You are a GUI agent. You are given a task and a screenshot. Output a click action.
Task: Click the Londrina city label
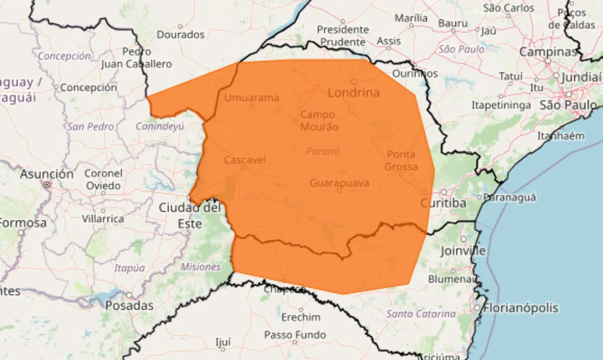click(353, 93)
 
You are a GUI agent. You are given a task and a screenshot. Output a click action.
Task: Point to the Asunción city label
click(47, 174)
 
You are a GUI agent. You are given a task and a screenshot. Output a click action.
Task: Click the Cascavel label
click(244, 160)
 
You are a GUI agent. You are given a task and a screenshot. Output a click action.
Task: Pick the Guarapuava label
click(339, 183)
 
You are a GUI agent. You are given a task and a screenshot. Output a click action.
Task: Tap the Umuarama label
click(252, 98)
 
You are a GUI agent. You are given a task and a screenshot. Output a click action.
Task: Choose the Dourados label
click(180, 34)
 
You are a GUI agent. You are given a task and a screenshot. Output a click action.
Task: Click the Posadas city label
click(129, 305)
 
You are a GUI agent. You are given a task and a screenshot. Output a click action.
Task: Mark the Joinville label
click(463, 251)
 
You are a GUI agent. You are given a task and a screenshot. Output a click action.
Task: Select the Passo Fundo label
click(295, 335)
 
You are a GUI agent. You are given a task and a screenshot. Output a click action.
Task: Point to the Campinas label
click(548, 52)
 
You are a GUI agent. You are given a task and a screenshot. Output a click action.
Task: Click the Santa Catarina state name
click(421, 314)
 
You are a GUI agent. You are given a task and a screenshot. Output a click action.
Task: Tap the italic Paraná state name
click(323, 151)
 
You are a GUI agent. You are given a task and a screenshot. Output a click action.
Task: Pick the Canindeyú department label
click(160, 126)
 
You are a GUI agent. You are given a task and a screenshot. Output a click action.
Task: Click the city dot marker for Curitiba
click(444, 192)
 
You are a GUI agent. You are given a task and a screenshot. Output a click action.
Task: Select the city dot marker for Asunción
click(47, 185)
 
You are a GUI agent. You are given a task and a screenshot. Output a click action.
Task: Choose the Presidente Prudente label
click(342, 35)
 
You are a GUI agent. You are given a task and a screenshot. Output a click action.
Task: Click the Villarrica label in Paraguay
click(103, 219)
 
